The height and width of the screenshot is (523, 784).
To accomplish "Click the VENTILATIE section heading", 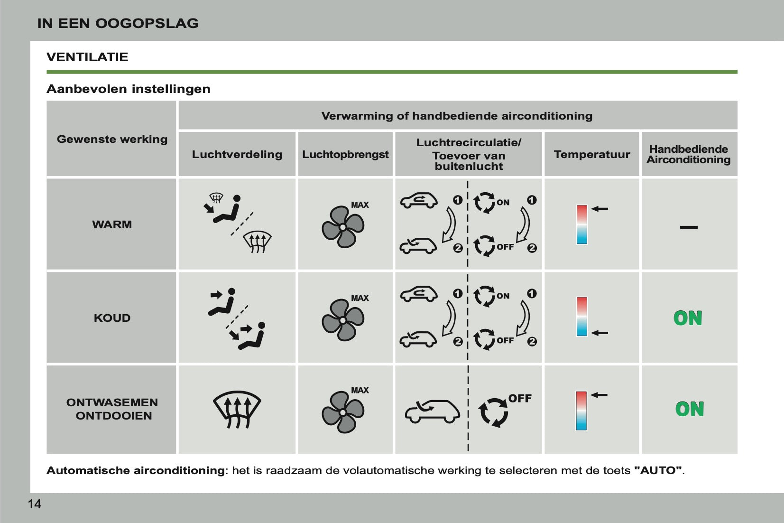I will pyautogui.click(x=87, y=57).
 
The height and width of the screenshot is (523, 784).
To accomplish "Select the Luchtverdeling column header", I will pyautogui.click(x=237, y=154).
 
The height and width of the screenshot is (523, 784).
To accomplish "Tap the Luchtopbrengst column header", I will pyautogui.click(x=345, y=154).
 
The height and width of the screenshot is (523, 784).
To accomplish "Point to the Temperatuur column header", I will pyautogui.click(x=591, y=154).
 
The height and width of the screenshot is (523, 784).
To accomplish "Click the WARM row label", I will pyautogui.click(x=112, y=224).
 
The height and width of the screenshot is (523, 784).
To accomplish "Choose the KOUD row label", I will pyautogui.click(x=112, y=318).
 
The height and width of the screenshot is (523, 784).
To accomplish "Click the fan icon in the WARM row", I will pyautogui.click(x=342, y=227).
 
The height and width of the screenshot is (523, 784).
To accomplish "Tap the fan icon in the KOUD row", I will pyautogui.click(x=342, y=320).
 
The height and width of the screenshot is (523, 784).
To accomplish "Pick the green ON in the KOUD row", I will pyautogui.click(x=688, y=318).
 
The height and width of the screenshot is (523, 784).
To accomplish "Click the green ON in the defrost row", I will pyautogui.click(x=690, y=409).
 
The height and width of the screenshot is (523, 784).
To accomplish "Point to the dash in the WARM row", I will pyautogui.click(x=689, y=227).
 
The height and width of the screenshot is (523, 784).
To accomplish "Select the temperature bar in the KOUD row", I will pyautogui.click(x=582, y=317).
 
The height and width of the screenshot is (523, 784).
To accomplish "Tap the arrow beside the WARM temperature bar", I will pyautogui.click(x=600, y=209).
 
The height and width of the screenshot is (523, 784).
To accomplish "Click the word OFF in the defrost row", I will pyautogui.click(x=520, y=399).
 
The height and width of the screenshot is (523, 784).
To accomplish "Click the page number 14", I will pyautogui.click(x=35, y=504).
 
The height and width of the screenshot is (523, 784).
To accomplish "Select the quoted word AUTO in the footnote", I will pyautogui.click(x=658, y=471).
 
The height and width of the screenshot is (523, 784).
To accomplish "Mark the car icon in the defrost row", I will pyautogui.click(x=432, y=411).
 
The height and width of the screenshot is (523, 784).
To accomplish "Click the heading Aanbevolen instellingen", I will pyautogui.click(x=128, y=89).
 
